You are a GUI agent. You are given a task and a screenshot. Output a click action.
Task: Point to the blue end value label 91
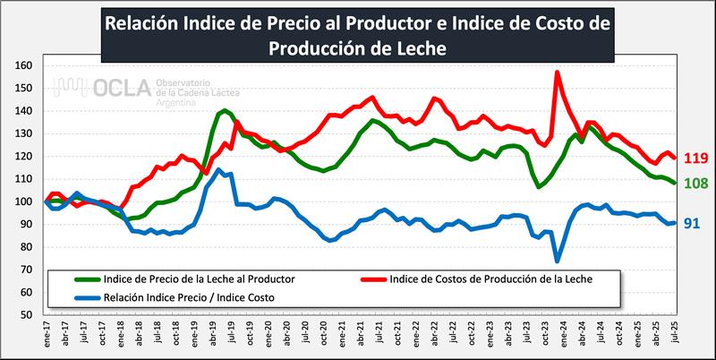[x=692, y=223]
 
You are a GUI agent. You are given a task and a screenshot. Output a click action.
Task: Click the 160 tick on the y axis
[x=24, y=65]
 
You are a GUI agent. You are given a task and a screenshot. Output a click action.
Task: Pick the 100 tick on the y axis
[x=24, y=201]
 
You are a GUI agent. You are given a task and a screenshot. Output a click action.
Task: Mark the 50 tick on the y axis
[x=27, y=314]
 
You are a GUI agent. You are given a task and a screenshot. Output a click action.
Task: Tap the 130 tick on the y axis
[x=24, y=133]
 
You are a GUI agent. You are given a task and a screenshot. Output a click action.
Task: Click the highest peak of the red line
[x=557, y=73]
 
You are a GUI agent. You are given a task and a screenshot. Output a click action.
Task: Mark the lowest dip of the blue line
[x=557, y=261]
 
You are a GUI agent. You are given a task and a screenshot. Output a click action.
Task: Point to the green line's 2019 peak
[x=225, y=110]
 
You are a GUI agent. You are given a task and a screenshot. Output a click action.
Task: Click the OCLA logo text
[x=106, y=87]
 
